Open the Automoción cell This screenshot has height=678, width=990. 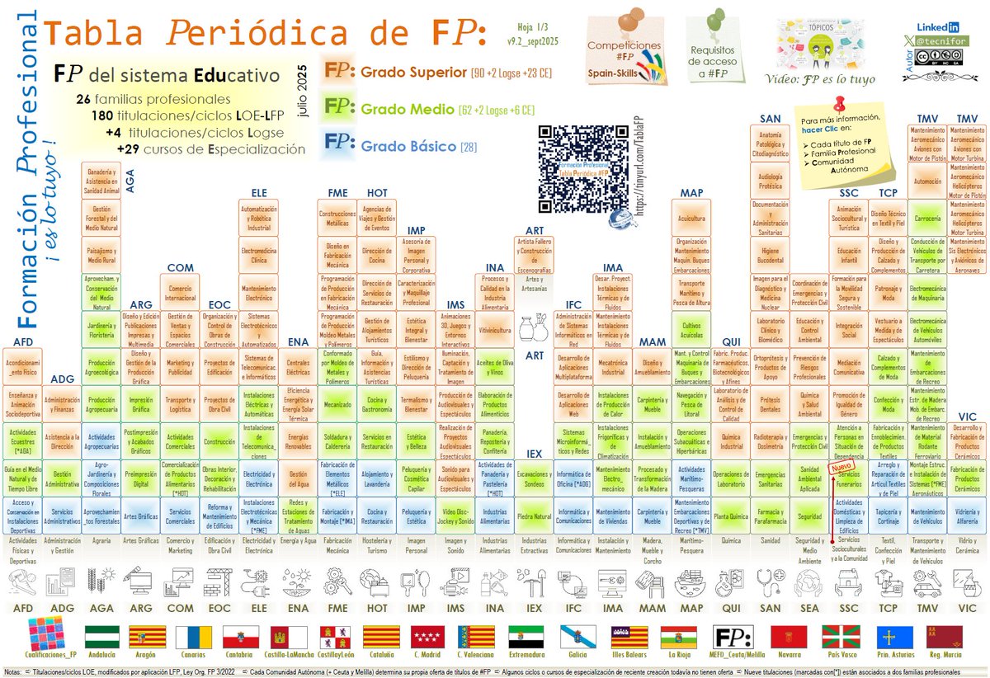(926, 181)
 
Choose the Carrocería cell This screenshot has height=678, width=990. (926, 219)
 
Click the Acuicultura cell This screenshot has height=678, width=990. (691, 219)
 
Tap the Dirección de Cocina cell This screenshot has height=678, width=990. (377, 256)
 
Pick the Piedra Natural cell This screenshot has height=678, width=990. (534, 516)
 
